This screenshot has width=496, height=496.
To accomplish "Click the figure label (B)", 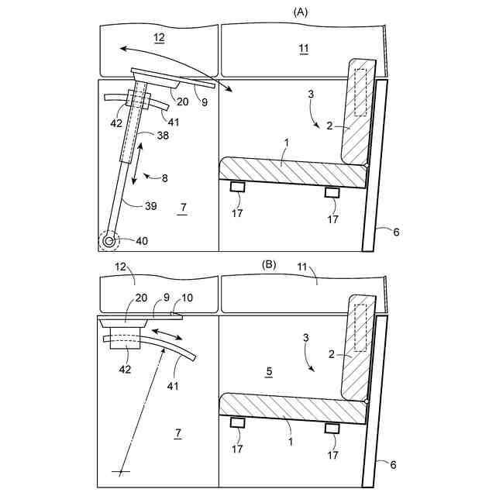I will click(x=268, y=264).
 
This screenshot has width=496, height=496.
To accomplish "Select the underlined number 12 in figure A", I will click(x=158, y=38).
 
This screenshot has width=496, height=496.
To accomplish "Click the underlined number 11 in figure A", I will click(x=303, y=50).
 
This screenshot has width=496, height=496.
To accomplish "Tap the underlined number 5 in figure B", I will click(x=268, y=372).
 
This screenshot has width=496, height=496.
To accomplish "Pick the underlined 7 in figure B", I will click(x=177, y=435).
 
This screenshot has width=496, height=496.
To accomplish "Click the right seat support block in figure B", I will click(x=332, y=429).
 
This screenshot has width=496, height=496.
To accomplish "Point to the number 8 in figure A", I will click(x=164, y=178).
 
